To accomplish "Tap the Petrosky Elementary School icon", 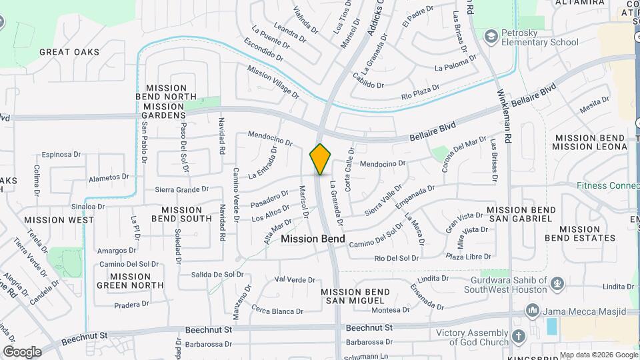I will (492, 36).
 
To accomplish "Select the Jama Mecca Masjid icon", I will (532, 311).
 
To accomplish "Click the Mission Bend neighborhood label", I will (313, 238).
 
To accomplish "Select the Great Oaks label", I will (69, 52).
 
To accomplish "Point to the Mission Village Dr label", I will (273, 81).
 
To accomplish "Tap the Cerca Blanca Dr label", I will (277, 311).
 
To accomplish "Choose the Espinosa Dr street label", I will (61, 155).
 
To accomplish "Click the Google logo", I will (22, 351).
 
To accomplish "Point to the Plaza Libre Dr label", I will (469, 256).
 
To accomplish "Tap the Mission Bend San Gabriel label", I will (521, 215).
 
